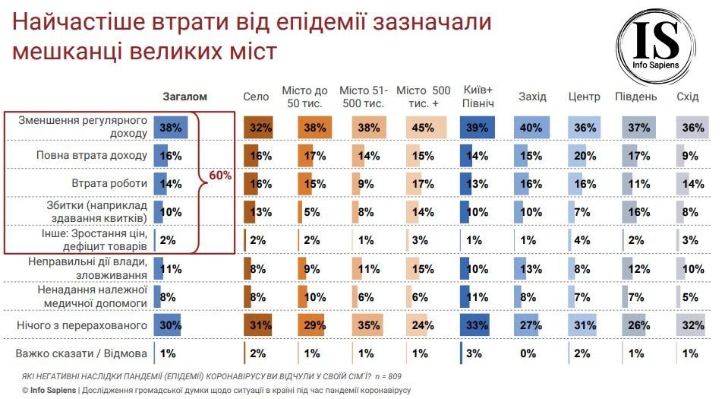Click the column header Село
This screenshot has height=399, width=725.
point(256,97)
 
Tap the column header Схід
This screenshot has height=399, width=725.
point(688,97)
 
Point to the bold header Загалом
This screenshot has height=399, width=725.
point(184,97)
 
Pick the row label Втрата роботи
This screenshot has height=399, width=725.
point(112,184)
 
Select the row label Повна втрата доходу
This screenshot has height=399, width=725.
point(92,156)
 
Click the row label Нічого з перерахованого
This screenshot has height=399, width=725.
point(82,325)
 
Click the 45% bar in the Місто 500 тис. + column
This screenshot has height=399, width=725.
point(420,128)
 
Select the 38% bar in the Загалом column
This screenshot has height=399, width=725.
point(171,128)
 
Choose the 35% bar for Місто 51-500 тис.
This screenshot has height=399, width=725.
point(367,325)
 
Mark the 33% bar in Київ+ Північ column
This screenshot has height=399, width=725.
point(476,325)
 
